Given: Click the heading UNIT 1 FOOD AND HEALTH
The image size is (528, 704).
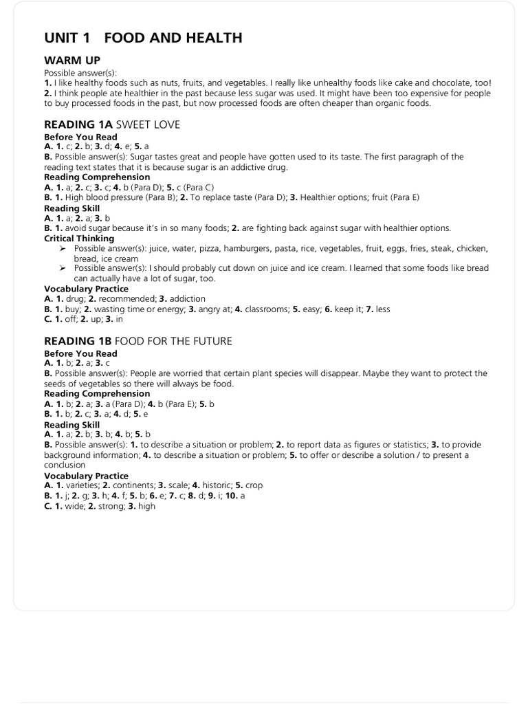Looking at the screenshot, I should click(143, 38).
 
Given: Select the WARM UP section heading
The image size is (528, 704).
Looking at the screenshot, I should click(73, 60).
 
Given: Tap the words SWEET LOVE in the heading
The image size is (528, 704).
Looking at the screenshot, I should click(148, 124).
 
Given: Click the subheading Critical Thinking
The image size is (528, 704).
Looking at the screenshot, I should click(79, 239).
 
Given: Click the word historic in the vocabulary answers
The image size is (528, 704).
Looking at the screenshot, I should click(216, 485).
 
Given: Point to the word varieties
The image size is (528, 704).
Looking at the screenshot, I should click(76, 485).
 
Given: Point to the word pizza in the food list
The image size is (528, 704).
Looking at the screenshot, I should click(211, 248).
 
